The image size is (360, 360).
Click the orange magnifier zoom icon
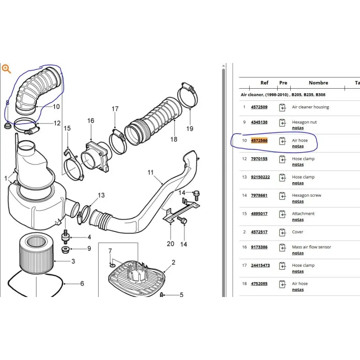click(x=6, y=69)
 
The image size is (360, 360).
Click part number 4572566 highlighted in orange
click(x=259, y=140)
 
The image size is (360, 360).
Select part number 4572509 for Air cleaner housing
click(x=259, y=107)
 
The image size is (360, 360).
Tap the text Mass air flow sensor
click(x=311, y=247)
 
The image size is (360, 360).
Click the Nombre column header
click(x=318, y=83)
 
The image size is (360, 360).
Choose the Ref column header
click(x=264, y=83)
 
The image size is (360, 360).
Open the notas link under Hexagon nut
click(x=298, y=128)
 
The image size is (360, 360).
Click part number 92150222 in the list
click(x=261, y=177)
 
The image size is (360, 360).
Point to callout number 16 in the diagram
click(x=91, y=121)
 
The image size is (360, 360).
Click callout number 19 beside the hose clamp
click(x=189, y=129)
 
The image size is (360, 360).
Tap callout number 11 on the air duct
click(x=150, y=172)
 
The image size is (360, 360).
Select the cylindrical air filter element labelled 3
click(x=36, y=253)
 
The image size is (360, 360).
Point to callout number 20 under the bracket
click(x=171, y=243)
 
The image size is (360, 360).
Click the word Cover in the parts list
click(x=297, y=232)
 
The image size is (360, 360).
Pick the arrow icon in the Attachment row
click(x=283, y=214)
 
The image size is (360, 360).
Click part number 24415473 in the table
click(x=261, y=265)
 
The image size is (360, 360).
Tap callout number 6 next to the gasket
click(x=82, y=283)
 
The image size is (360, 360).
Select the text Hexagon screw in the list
click(x=306, y=195)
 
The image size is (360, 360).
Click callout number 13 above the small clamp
click(x=101, y=195)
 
